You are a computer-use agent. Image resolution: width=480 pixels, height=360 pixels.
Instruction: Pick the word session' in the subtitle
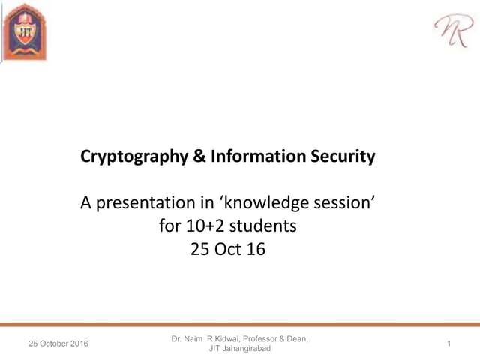pos(343,202)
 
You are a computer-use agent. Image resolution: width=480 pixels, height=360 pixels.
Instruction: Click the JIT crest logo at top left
pos(26,32)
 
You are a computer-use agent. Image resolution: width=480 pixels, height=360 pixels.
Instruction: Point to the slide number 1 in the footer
pos(448,343)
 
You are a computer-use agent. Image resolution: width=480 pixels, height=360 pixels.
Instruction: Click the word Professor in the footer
pos(268,339)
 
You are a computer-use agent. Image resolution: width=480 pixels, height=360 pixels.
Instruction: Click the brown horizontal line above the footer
pos(240,325)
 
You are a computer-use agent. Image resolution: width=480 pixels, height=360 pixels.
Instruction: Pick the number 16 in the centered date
pos(256,248)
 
